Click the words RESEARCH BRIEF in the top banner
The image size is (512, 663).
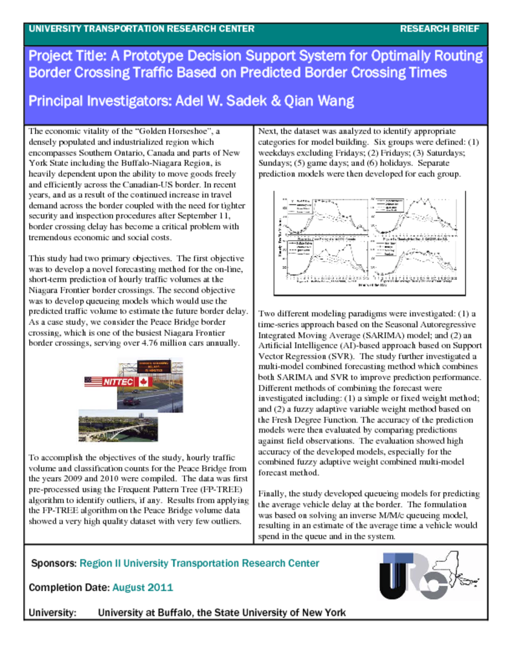(x=440, y=28)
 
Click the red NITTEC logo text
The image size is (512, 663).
(x=118, y=382)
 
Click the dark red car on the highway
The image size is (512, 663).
(x=132, y=401)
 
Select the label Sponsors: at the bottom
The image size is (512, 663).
(x=54, y=563)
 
